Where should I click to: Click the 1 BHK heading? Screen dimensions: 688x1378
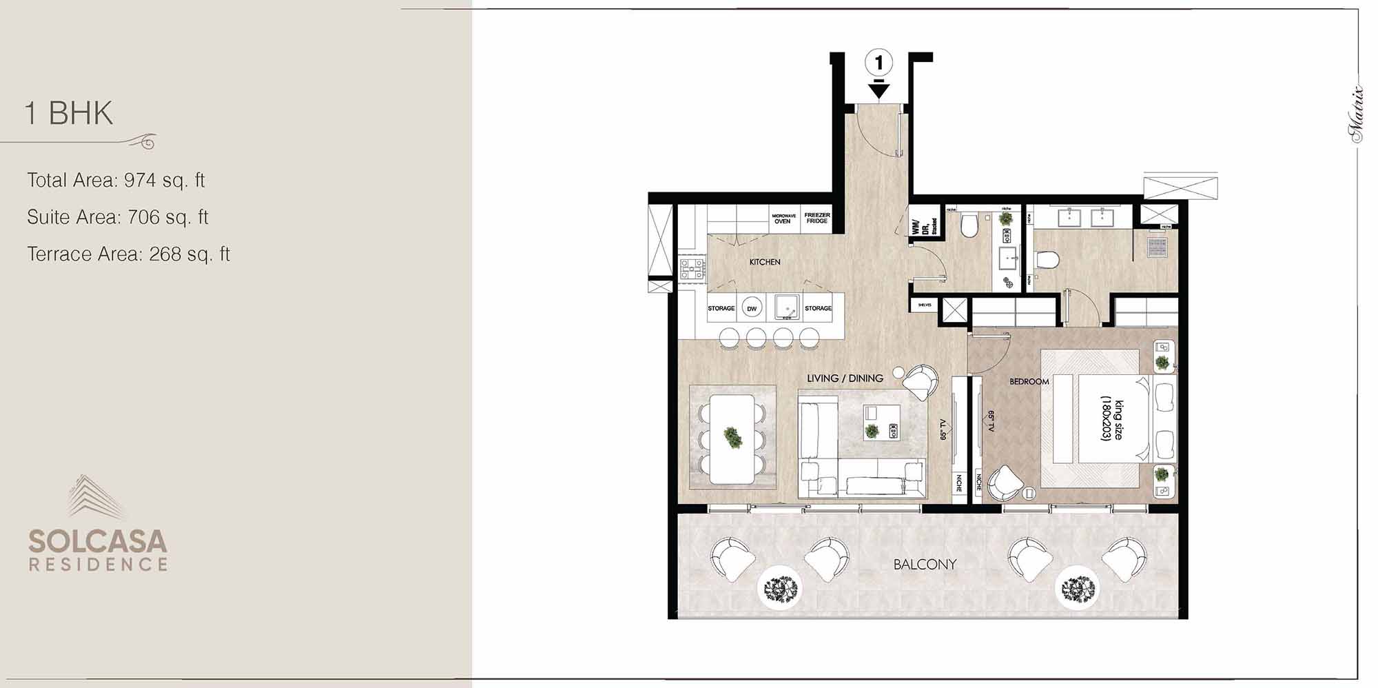(69, 113)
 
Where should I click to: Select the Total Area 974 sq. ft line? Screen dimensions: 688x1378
(116, 181)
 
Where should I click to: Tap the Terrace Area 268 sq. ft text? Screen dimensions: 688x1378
(128, 254)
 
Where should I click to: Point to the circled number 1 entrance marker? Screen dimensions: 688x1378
(878, 63)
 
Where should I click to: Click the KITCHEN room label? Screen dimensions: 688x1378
(765, 262)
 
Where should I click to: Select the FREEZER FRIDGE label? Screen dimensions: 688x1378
(817, 218)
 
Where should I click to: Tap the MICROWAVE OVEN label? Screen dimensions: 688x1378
(783, 219)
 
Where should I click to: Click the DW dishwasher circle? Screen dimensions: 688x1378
(752, 309)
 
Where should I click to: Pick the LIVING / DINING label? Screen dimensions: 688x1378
(845, 378)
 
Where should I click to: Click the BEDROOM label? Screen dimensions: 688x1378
(1029, 381)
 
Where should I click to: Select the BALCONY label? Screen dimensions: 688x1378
(925, 565)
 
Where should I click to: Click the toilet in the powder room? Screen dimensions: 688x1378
(969, 225)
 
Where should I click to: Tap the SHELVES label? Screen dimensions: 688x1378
(925, 305)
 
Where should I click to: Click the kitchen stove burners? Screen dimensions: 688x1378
(692, 269)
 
